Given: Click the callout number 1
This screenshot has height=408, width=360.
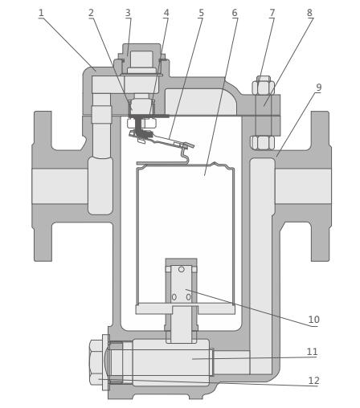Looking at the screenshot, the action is click(41, 13).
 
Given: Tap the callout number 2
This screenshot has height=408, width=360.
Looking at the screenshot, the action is click(92, 13).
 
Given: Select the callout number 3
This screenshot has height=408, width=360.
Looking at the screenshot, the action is click(128, 13).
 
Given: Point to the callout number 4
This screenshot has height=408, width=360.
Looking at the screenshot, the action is click(166, 13).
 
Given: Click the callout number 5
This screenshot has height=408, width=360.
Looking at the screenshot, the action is click(201, 13).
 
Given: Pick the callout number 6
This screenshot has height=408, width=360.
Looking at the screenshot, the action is click(235, 13).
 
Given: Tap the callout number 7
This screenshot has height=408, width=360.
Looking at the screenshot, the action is click(272, 13).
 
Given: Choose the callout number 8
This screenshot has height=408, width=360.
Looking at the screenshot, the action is click(309, 13).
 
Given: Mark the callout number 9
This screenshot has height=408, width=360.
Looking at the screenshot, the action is click(318, 88).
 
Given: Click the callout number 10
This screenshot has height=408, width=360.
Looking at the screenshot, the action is click(313, 320).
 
